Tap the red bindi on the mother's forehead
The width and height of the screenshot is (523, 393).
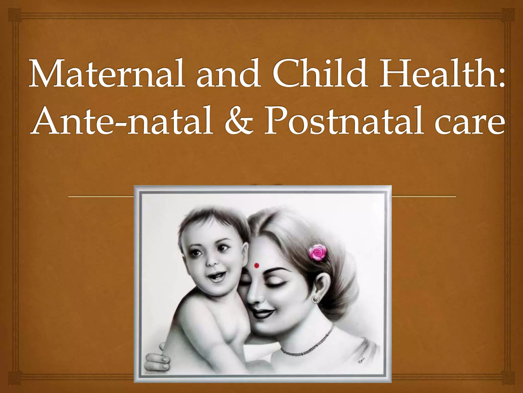(x=257, y=265)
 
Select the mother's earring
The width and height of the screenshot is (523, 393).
(x=316, y=298)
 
